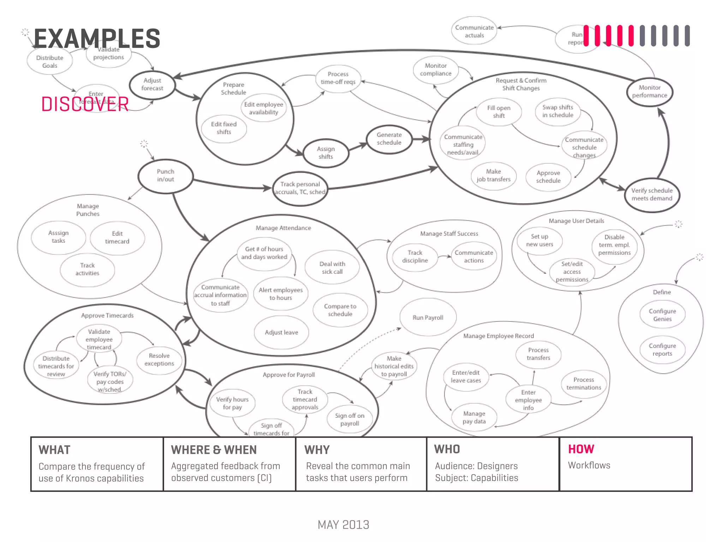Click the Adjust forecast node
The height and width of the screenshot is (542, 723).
[152, 85]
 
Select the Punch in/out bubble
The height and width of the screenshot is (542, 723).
[166, 176]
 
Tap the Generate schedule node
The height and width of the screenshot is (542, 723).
[389, 139]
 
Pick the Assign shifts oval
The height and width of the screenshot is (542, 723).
[325, 153]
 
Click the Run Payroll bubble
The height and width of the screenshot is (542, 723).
[428, 318]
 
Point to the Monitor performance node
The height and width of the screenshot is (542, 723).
[650, 92]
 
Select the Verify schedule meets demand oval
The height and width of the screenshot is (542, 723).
[652, 195]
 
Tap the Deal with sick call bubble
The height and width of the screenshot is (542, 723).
[332, 268]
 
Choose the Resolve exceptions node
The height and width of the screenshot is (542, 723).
[159, 360]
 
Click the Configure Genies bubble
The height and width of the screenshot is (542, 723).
[662, 315]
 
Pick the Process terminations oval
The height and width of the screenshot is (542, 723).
[584, 384]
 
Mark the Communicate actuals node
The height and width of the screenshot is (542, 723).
[474, 31]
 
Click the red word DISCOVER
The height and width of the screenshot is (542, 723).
[85, 104]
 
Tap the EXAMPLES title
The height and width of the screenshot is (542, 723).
[97, 39]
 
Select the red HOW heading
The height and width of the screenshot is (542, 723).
[581, 449]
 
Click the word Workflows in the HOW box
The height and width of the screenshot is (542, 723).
[589, 465]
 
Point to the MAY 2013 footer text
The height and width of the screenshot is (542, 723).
[343, 525]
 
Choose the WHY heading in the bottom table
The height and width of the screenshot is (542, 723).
[317, 450]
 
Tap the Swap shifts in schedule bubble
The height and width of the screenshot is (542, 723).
[558, 112]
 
